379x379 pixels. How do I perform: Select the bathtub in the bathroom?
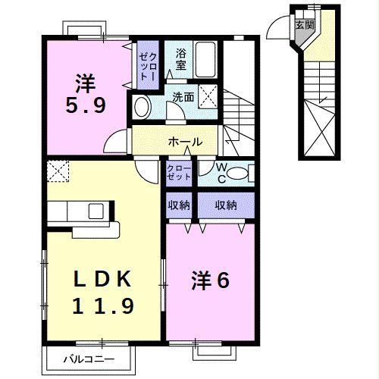click(x=207, y=57)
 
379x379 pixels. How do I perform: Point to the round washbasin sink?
click(x=142, y=105)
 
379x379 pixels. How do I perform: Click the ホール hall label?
click(x=184, y=142)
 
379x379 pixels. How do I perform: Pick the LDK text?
click(x=103, y=280)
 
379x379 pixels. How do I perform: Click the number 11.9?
click(x=103, y=305)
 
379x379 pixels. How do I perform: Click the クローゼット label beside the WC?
click(x=179, y=172)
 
